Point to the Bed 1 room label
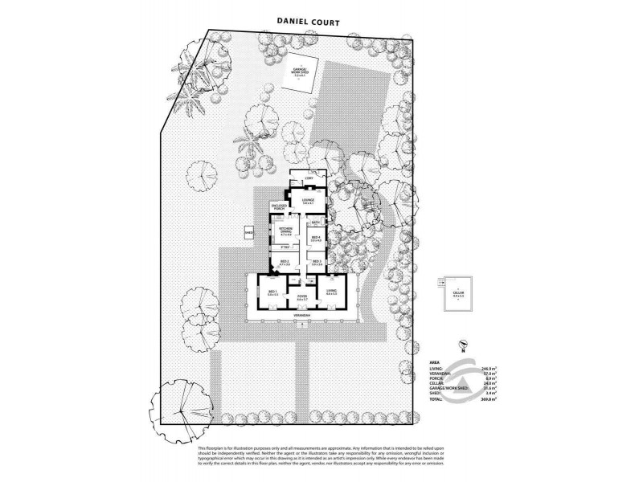(272, 292)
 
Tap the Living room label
(331, 292)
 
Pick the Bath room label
(316, 222)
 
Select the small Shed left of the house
(249, 233)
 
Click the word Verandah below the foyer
(302, 317)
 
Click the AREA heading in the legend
(435, 362)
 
